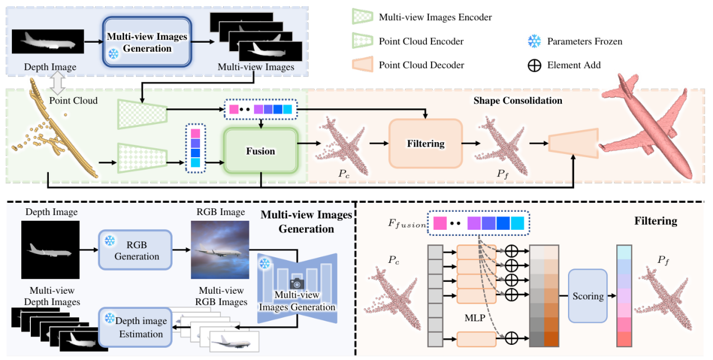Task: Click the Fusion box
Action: pos(260,151)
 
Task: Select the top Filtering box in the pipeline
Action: pos(425,144)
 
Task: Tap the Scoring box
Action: pos(588,295)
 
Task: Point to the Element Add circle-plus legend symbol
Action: pos(534,65)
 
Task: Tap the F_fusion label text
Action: pos(403,225)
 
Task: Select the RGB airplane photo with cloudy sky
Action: pos(219,250)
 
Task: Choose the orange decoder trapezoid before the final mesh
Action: pos(568,144)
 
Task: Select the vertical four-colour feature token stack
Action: pos(195,148)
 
